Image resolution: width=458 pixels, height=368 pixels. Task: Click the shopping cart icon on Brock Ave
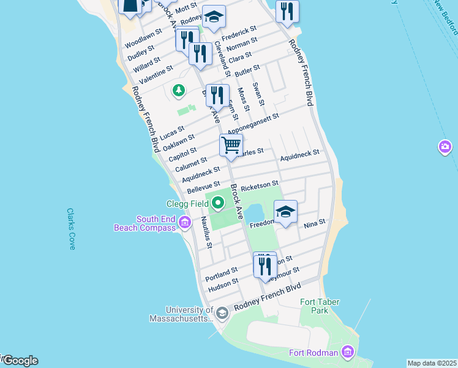[x=231, y=145]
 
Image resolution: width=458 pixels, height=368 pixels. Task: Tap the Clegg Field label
[x=187, y=204]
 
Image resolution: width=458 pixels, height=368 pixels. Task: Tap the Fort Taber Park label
[x=320, y=306]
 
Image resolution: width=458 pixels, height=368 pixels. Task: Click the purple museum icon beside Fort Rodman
[x=348, y=352]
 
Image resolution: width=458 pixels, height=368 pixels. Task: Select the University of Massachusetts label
[x=181, y=314]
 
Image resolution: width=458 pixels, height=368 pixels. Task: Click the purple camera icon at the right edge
[x=445, y=147]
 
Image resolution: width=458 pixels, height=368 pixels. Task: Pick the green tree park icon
[x=178, y=91]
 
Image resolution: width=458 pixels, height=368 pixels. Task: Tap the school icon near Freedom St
[x=285, y=212]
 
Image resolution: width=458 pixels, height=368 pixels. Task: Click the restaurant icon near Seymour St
[x=265, y=265]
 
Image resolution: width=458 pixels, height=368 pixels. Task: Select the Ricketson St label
[x=260, y=183]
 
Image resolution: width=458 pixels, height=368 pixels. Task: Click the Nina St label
[x=313, y=222]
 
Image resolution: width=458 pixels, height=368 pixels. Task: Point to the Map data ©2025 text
[x=432, y=363]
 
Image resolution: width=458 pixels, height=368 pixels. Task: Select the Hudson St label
[x=223, y=283]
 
